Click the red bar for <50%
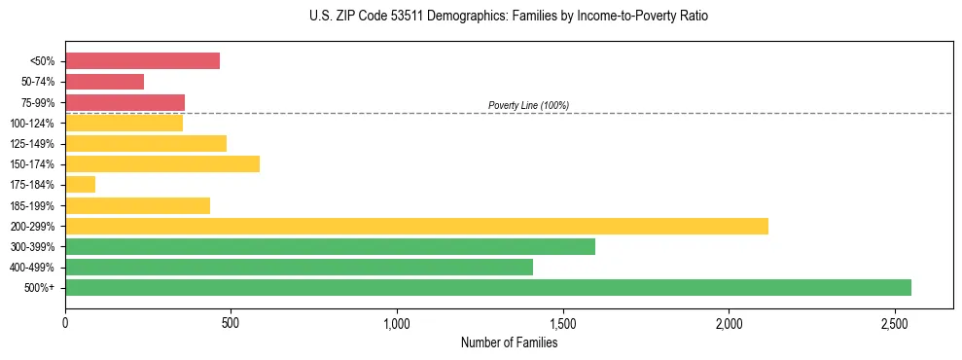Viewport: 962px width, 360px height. pyautogui.click(x=142, y=61)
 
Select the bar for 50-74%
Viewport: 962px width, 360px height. pyautogui.click(x=104, y=82)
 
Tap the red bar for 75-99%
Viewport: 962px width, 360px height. pyautogui.click(x=125, y=102)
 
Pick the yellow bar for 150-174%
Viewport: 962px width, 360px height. pyautogui.click(x=162, y=163)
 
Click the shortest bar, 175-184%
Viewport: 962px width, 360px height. pyautogui.click(x=80, y=184)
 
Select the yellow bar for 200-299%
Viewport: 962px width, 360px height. pyautogui.click(x=416, y=226)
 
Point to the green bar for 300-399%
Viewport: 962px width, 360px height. pyautogui.click(x=330, y=246)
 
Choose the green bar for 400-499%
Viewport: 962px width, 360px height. pyautogui.click(x=299, y=267)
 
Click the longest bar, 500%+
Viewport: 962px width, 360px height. pyautogui.click(x=488, y=287)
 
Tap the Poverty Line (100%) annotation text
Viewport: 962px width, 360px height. pyautogui.click(x=528, y=105)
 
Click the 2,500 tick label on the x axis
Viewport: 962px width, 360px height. pyautogui.click(x=895, y=321)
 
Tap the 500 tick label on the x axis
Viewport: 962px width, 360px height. pyautogui.click(x=231, y=321)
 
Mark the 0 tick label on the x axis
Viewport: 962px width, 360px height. pyautogui.click(x=65, y=321)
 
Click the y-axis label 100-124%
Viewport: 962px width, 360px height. pyautogui.click(x=32, y=124)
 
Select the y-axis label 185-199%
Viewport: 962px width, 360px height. pyautogui.click(x=32, y=205)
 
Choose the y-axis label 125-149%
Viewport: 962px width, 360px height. pyautogui.click(x=32, y=144)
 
